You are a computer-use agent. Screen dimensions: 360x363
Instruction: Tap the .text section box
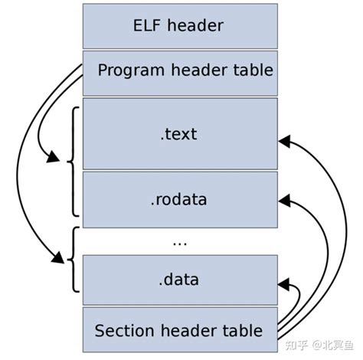coord(178,134)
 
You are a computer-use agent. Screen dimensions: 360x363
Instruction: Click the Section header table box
coord(178,331)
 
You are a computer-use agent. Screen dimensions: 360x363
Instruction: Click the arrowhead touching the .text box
coord(283,141)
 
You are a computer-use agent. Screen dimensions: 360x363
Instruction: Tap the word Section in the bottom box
coord(123,331)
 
